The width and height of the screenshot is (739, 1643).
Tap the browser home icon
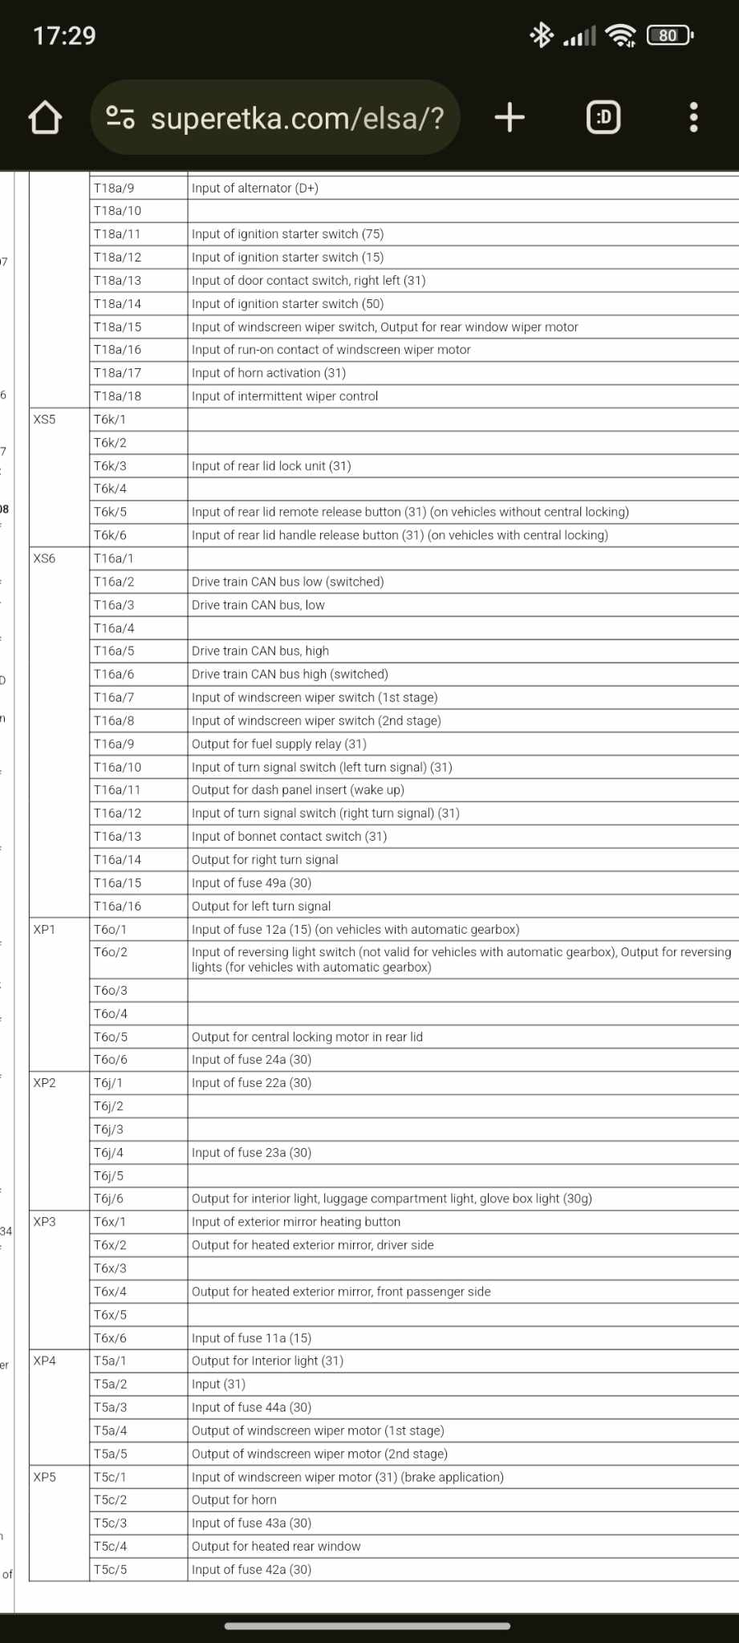click(45, 118)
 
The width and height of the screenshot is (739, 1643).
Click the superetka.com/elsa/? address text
click(297, 118)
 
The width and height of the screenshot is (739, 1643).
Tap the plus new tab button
click(510, 117)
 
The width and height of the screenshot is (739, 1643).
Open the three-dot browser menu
click(693, 117)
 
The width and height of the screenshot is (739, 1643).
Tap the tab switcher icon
click(603, 117)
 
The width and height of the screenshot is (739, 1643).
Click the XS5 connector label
click(45, 420)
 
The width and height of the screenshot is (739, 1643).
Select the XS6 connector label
click(45, 558)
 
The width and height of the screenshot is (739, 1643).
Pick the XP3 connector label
click(45, 1222)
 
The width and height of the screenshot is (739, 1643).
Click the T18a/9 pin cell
click(114, 189)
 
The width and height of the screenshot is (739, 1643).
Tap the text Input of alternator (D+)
click(255, 189)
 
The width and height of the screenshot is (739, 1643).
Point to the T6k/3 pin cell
click(111, 466)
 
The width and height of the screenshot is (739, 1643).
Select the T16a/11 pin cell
click(117, 790)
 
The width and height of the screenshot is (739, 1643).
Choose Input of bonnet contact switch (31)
click(289, 837)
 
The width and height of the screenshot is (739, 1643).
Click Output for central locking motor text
click(307, 1037)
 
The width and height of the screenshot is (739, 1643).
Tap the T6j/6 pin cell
click(109, 1199)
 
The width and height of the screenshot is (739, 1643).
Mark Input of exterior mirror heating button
click(296, 1222)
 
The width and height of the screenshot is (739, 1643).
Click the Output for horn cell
click(234, 1499)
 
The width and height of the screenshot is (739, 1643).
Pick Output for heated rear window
click(276, 1546)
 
